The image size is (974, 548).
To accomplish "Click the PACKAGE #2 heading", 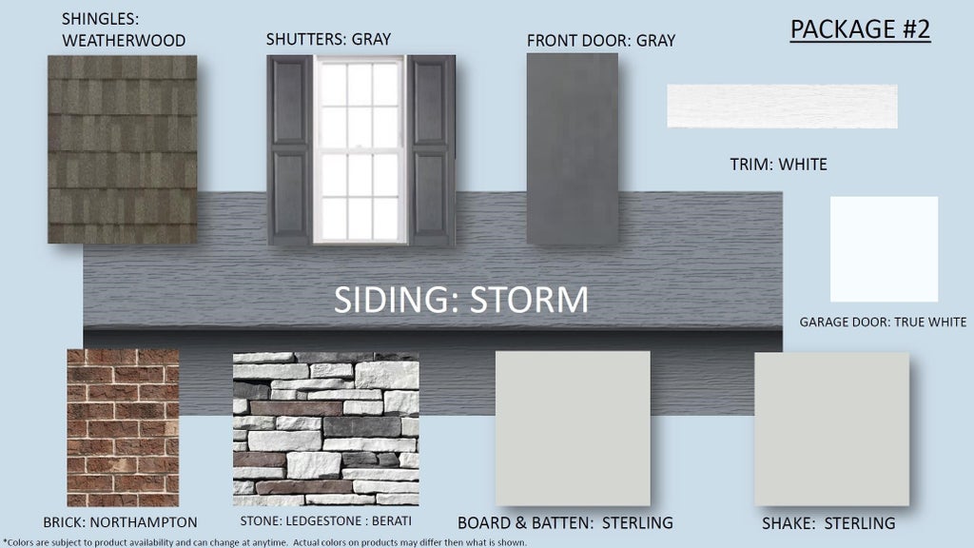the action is tap(860, 29).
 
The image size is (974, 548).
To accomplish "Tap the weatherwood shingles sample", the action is tap(123, 149).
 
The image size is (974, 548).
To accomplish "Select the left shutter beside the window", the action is tap(289, 150).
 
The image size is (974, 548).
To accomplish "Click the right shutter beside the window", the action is tap(431, 150).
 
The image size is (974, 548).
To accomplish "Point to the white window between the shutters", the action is tap(360, 150).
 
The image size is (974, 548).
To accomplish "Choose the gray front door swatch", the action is tap(572, 148).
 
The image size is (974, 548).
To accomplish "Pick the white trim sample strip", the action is tap(782, 107).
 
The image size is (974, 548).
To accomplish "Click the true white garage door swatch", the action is tap(884, 249).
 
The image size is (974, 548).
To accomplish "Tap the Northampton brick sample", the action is tap(123, 427).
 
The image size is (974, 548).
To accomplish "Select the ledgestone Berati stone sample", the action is tap(326, 429).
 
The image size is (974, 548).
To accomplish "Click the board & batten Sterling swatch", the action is tap(573, 428).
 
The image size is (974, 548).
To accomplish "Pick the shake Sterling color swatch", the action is tap(831, 429).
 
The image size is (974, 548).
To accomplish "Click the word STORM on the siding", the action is tap(529, 300).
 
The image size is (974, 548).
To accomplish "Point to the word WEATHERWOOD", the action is tap(124, 41).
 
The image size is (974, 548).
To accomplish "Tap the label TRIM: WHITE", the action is tap(778, 165).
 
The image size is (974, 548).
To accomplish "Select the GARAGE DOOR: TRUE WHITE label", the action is tap(883, 322).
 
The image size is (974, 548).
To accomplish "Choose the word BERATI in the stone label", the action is tap(391, 520).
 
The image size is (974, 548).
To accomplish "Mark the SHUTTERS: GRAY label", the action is tap(328, 39).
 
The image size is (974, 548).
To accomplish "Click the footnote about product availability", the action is tap(264, 542).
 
